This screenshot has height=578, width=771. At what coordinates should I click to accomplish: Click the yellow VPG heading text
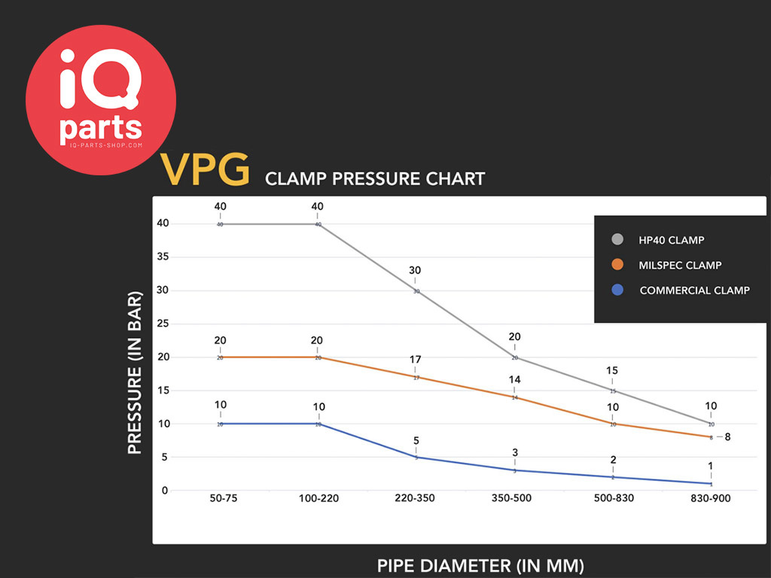(205, 171)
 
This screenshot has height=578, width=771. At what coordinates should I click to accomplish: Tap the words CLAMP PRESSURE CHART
(374, 179)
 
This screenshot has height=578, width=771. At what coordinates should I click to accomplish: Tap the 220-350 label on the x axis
(415, 499)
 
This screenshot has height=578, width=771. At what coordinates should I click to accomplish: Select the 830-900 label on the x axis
(710, 499)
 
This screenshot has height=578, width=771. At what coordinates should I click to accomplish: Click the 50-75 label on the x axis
(219, 499)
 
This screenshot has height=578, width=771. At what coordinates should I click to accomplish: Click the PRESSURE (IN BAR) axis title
(135, 372)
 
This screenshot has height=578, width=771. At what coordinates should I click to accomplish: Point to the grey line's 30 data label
(415, 270)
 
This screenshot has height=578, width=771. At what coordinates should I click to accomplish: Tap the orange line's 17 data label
(415, 359)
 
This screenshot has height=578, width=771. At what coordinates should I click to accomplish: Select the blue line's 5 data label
(416, 440)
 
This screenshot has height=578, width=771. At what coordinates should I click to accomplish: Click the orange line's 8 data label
(727, 437)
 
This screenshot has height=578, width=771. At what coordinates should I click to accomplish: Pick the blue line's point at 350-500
(515, 470)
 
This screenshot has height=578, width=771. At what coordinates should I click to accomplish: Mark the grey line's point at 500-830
(613, 391)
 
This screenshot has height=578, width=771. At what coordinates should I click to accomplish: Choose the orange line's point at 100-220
(318, 357)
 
